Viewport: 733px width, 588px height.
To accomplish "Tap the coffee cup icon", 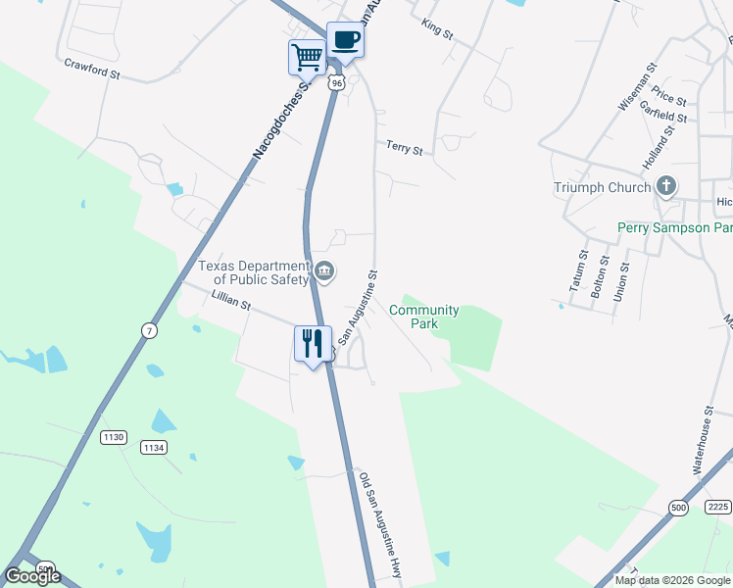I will (x=345, y=40).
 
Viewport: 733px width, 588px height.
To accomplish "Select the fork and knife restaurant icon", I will (x=313, y=344).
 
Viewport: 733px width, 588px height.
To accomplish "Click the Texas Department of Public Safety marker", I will (x=324, y=270).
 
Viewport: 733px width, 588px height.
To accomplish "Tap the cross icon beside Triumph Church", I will (x=666, y=186).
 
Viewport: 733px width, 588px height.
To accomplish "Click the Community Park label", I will (x=423, y=317).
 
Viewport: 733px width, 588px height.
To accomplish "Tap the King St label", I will (x=437, y=29).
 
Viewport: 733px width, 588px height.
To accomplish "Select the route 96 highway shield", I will (x=337, y=83).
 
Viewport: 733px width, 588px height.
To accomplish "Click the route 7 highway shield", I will (x=149, y=331).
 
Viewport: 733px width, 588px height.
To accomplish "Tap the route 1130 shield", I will (x=113, y=437).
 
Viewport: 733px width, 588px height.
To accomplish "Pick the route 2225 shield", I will (x=717, y=507).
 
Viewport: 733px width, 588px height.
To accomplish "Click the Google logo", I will (x=33, y=576).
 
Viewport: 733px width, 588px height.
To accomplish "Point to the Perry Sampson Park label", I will (x=674, y=227).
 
